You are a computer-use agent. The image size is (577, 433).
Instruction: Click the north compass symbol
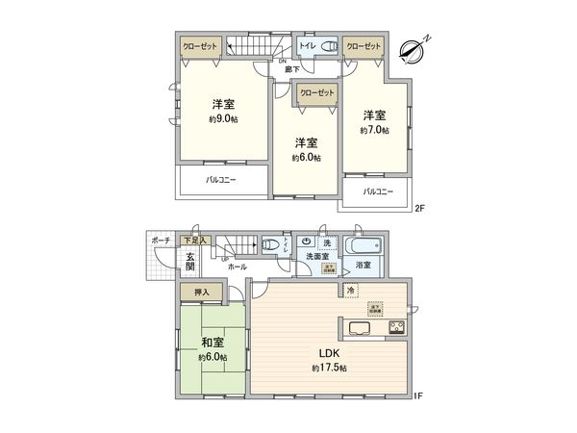[417, 46]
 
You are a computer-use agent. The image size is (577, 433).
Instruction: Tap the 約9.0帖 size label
[223, 118]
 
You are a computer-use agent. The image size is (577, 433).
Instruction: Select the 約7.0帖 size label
[375, 129]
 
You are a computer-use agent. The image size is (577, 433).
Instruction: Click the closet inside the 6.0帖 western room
[317, 94]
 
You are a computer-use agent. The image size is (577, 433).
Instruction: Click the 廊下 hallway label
[289, 69]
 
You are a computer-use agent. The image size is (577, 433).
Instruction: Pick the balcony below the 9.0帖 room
[220, 180]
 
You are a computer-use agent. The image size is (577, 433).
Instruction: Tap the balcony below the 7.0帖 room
[377, 192]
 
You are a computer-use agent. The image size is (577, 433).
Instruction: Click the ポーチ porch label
[161, 241]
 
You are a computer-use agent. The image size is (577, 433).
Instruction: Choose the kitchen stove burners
[396, 328]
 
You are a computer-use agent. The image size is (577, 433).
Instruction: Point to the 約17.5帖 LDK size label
[329, 369]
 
